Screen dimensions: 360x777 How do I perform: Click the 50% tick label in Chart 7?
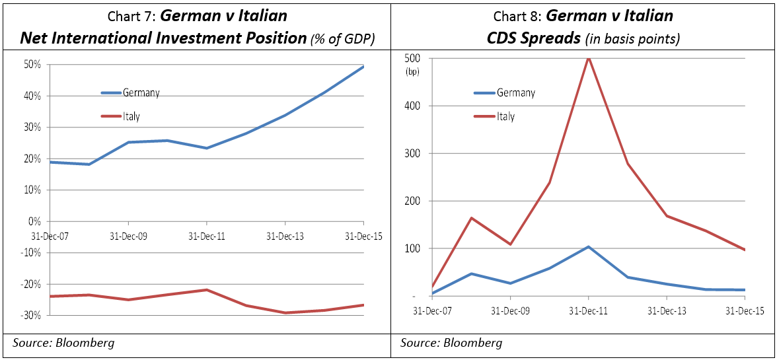click(x=32, y=65)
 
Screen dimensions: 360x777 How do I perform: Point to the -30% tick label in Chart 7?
click(x=31, y=316)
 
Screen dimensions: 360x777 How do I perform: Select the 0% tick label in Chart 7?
click(x=35, y=221)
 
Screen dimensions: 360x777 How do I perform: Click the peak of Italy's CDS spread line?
click(x=588, y=58)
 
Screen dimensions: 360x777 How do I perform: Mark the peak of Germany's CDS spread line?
click(x=588, y=247)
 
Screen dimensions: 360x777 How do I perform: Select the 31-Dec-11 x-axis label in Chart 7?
click(x=207, y=236)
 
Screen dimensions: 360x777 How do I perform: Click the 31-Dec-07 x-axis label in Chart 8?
click(x=433, y=310)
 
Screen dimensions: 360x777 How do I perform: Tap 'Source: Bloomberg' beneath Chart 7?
click(x=63, y=343)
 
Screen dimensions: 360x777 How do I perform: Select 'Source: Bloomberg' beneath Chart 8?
click(x=451, y=343)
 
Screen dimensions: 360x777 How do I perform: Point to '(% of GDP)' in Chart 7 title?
click(x=342, y=40)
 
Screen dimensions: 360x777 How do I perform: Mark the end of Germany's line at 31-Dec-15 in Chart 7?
click(x=363, y=67)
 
